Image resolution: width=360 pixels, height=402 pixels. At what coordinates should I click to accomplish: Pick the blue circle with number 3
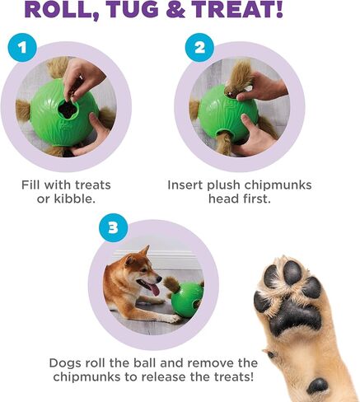(113, 226)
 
